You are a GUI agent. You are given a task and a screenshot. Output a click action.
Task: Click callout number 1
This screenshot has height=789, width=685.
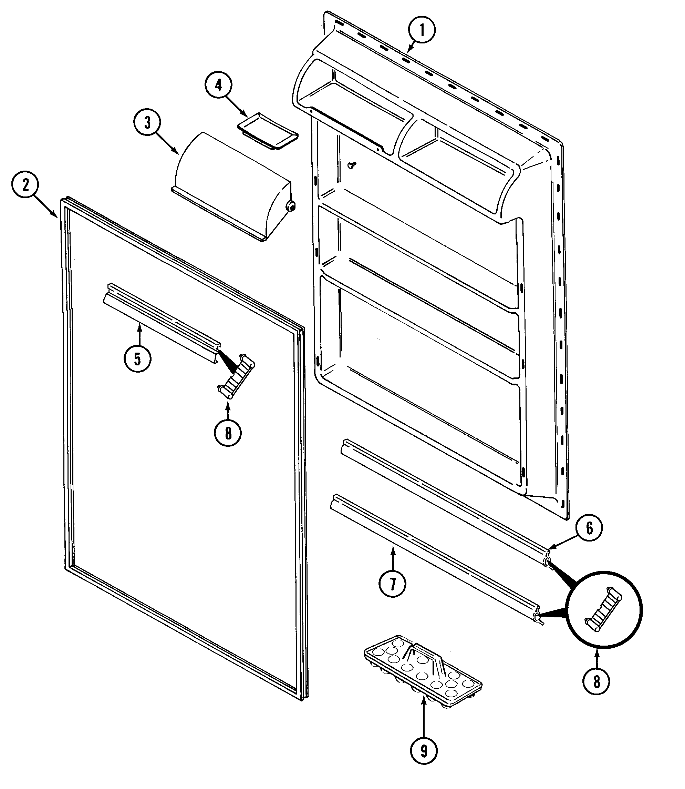pos(422,30)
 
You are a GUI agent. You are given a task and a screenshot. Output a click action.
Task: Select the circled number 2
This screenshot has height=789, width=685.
pos(25,185)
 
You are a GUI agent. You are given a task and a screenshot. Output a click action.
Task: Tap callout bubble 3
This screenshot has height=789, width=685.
pos(147,123)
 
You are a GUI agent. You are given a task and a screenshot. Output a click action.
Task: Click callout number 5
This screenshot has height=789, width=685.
pos(137,358)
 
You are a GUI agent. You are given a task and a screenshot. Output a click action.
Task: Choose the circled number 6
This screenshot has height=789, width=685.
pos(589,528)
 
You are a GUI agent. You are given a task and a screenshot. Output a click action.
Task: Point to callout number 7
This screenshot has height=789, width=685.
pos(392,584)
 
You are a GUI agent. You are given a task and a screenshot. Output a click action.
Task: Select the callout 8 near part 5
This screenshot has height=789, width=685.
pos(228,433)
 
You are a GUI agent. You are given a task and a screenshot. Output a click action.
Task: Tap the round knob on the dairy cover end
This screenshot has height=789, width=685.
pos(291,206)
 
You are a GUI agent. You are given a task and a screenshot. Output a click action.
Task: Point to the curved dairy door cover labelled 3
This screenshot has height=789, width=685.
pos(229,184)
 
